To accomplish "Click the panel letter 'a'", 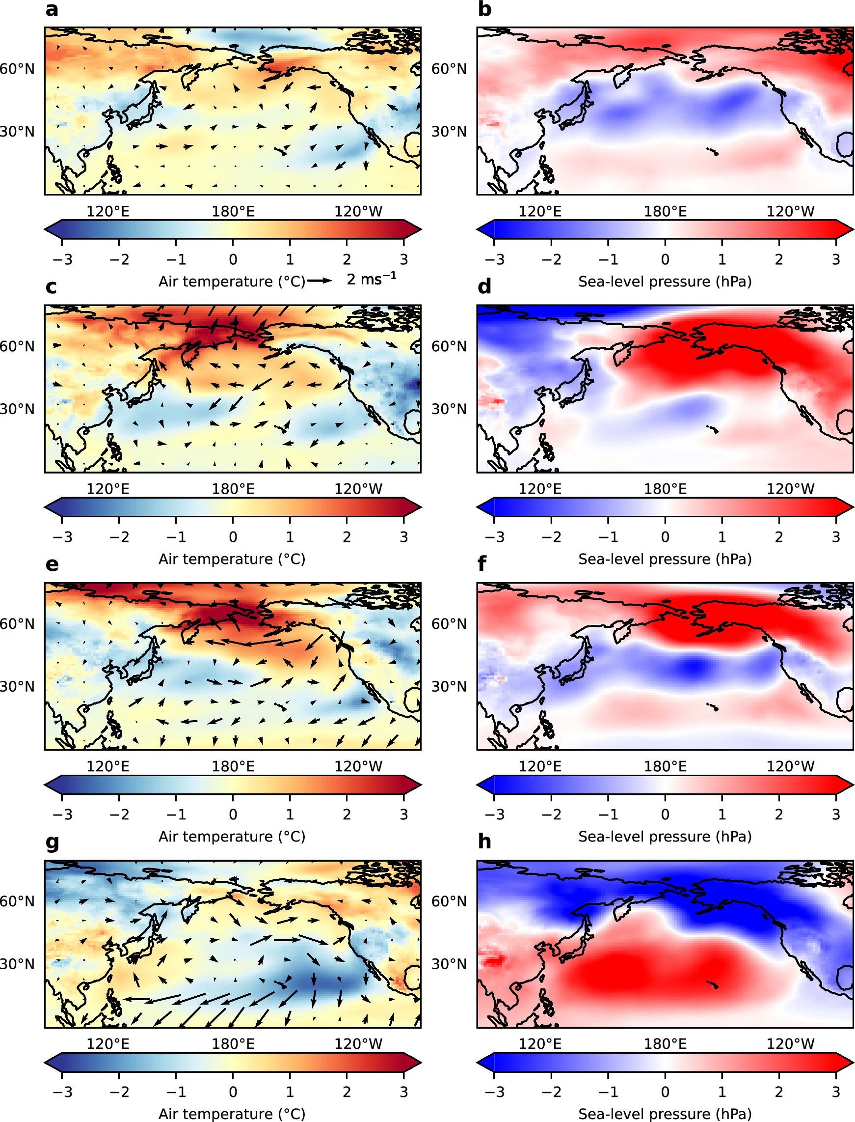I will [52, 10].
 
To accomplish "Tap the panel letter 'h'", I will [484, 842].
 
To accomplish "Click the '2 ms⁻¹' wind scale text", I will [371, 279].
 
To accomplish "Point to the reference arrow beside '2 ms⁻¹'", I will [320, 280].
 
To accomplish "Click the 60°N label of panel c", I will [17, 346].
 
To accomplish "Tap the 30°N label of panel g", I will [17, 964].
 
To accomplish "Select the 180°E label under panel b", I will [665, 211].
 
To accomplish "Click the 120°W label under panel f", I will [790, 766].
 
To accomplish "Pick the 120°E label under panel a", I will [108, 211].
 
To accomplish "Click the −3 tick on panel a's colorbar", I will [62, 260].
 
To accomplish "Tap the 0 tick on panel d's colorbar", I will [665, 537].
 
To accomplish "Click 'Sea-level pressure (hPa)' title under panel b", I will [665, 281].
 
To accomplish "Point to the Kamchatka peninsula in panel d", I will [621, 355].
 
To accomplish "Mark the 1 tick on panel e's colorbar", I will [290, 814].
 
